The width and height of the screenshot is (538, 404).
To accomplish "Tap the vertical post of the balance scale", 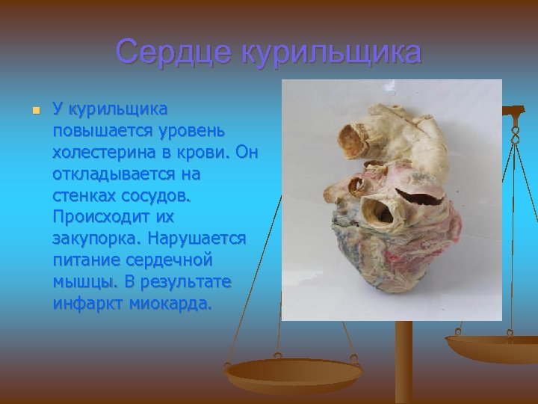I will pos(404,359).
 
